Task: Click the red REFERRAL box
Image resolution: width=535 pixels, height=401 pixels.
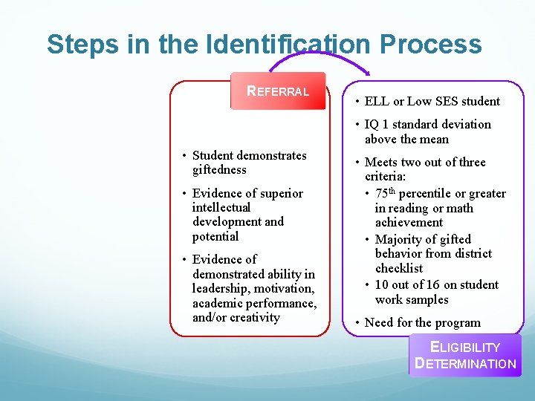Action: [278, 91]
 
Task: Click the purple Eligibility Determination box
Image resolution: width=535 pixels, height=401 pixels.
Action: [465, 355]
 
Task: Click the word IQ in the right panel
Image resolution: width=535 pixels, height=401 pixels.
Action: [372, 124]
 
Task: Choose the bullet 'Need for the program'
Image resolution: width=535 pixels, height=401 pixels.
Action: [422, 322]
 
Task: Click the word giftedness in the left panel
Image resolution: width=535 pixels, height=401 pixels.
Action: [219, 170]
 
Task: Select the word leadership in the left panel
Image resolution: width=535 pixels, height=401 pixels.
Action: [220, 288]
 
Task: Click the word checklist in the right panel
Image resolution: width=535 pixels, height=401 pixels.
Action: [399, 268]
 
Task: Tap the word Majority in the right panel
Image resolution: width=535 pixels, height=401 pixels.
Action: [401, 239]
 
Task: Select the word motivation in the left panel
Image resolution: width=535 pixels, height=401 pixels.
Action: [285, 288]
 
